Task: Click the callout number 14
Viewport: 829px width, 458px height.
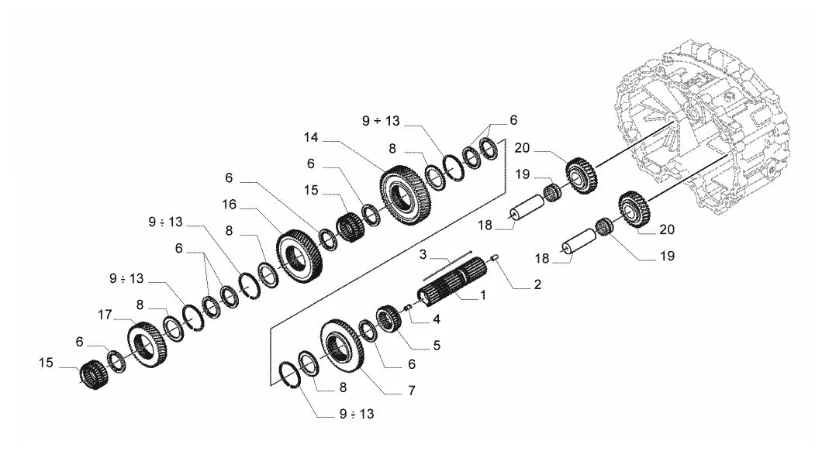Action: (311, 137)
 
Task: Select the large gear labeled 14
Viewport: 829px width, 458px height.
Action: (406, 195)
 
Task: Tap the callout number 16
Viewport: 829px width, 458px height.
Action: (229, 205)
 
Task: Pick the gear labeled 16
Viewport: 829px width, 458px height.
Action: (299, 257)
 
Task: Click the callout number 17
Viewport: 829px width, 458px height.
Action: (105, 315)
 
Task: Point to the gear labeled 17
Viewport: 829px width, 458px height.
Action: (147, 345)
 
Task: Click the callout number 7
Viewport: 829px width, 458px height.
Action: (411, 391)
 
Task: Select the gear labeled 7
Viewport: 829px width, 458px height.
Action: (342, 346)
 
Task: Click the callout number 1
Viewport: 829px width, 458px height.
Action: (482, 295)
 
